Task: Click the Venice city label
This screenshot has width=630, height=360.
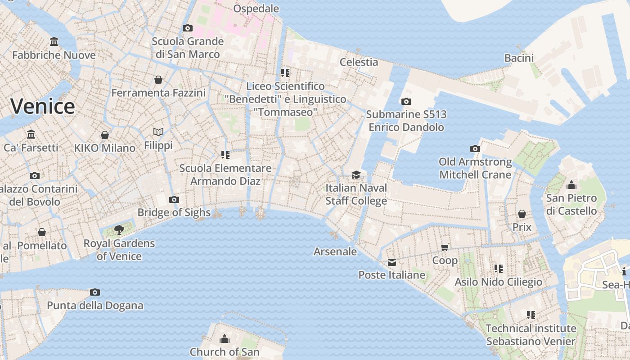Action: coord(43,107)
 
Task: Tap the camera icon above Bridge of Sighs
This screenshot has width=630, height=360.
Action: coord(174,199)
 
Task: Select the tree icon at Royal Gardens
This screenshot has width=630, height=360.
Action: coord(119,230)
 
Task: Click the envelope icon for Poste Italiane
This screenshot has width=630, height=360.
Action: coord(392,262)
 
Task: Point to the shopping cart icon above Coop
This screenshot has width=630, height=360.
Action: coord(445,247)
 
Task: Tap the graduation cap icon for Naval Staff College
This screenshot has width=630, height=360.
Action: coord(356,175)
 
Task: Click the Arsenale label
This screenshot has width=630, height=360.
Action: coord(335,252)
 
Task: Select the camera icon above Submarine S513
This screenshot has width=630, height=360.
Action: coord(406,101)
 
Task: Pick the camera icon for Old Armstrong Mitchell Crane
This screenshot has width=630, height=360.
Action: coord(475,148)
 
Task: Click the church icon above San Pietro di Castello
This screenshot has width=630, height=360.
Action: coord(571,184)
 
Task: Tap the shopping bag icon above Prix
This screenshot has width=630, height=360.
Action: coord(522,214)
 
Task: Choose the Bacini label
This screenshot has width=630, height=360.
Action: coord(519,58)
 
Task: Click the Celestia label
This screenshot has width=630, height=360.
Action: coord(359,62)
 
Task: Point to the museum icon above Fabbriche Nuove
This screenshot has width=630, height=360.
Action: coord(54,42)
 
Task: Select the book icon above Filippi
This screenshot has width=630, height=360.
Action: coord(158,132)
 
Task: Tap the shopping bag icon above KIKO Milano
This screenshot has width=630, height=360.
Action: coord(105,135)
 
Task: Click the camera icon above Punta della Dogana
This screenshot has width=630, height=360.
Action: coord(95,292)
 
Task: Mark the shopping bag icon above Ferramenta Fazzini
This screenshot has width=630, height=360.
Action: coord(158,80)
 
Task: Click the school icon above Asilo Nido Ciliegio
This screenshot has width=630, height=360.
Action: coord(499,269)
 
